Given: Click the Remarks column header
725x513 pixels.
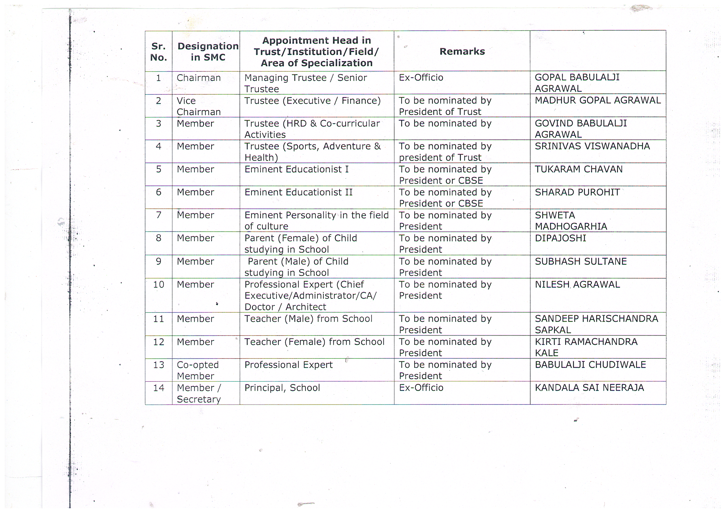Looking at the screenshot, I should (462, 51).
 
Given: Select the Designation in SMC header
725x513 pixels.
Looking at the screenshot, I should (208, 52).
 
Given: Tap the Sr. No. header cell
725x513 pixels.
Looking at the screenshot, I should (159, 52).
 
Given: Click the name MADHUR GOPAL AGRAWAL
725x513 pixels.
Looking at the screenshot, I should (598, 100).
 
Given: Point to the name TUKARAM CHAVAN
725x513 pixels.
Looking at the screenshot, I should (579, 169).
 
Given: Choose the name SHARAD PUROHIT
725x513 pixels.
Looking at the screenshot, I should (577, 192).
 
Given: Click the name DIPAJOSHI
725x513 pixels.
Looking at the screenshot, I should (560, 238).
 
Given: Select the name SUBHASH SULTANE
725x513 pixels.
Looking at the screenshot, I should (580, 261).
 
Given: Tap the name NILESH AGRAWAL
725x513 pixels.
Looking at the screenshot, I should (577, 285).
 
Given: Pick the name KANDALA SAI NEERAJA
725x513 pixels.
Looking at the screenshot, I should (589, 387).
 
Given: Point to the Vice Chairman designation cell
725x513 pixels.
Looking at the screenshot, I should (198, 106).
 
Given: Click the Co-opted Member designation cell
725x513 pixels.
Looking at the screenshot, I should (198, 370).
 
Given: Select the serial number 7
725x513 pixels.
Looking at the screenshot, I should (159, 215).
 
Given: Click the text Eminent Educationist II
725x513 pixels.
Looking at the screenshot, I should (298, 192).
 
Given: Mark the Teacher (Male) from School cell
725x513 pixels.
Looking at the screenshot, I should (308, 319).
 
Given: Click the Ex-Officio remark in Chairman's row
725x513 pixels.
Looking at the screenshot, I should (421, 77).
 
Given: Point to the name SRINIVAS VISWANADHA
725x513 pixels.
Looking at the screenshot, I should (592, 146).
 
